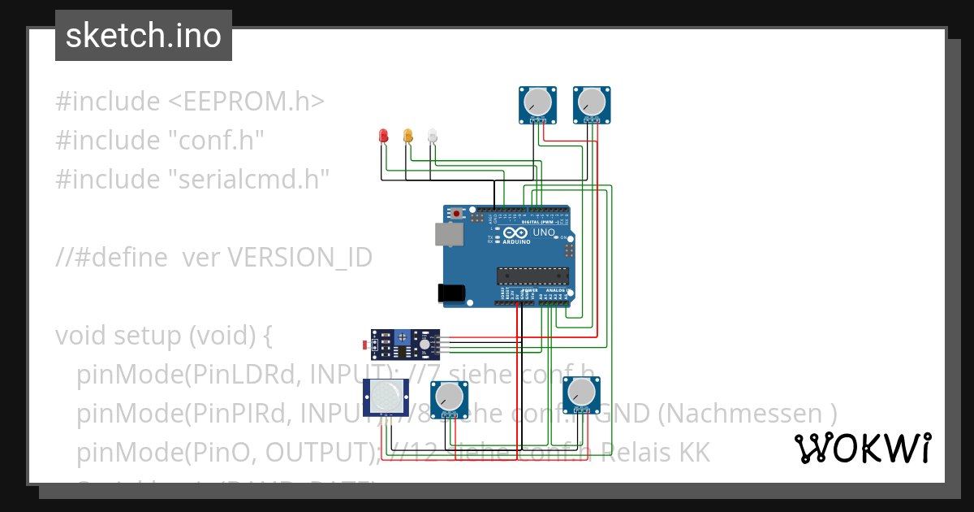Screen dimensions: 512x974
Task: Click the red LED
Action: [384, 137]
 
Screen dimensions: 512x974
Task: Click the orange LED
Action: [408, 136]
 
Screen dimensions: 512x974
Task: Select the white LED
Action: [433, 136]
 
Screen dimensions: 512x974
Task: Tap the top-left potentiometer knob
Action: [537, 102]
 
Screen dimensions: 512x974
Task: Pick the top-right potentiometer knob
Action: [592, 102]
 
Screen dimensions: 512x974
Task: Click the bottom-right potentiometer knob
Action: [580, 394]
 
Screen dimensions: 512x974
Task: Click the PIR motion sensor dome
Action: [384, 396]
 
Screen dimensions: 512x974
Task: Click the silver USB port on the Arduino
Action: [448, 235]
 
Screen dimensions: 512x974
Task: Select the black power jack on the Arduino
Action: [452, 293]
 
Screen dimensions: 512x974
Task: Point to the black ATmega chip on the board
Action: [532, 276]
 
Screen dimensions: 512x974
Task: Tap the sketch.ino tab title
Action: [144, 36]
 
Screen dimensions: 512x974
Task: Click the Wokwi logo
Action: [862, 448]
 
